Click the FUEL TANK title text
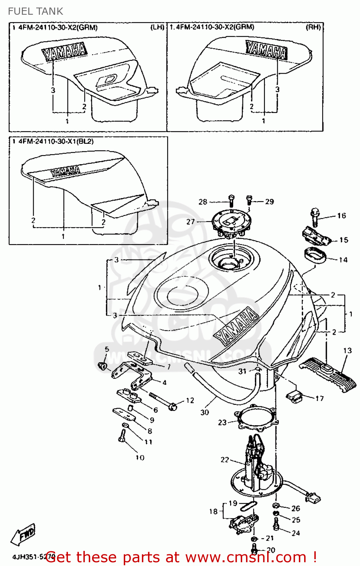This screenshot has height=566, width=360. tap(35, 11)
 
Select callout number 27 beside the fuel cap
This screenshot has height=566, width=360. tap(191, 222)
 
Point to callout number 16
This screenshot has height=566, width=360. tap(342, 215)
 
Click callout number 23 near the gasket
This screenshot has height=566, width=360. tap(222, 422)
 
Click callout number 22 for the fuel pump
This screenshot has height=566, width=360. tap(225, 460)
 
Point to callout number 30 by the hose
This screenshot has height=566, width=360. tap(205, 412)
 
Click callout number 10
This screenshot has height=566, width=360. tap(140, 458)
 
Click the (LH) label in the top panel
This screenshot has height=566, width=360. tap(157, 27)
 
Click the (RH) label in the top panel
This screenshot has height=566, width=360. tap(313, 27)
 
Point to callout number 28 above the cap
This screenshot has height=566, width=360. tap(203, 202)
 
